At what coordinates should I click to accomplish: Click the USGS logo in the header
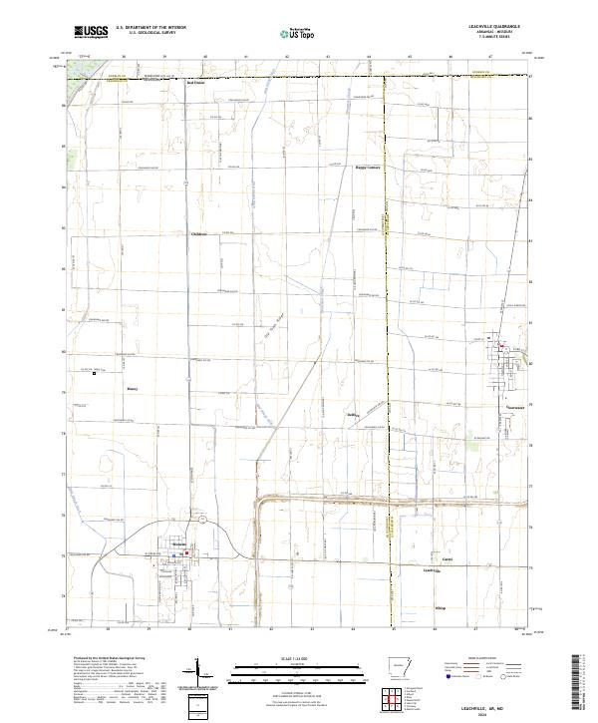[x=91, y=32]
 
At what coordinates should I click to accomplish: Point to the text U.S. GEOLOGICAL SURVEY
[x=152, y=33]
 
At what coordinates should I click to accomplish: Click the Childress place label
[x=198, y=234]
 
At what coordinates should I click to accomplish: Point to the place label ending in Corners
[x=368, y=168]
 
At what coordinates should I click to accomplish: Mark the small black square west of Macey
[x=95, y=374]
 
